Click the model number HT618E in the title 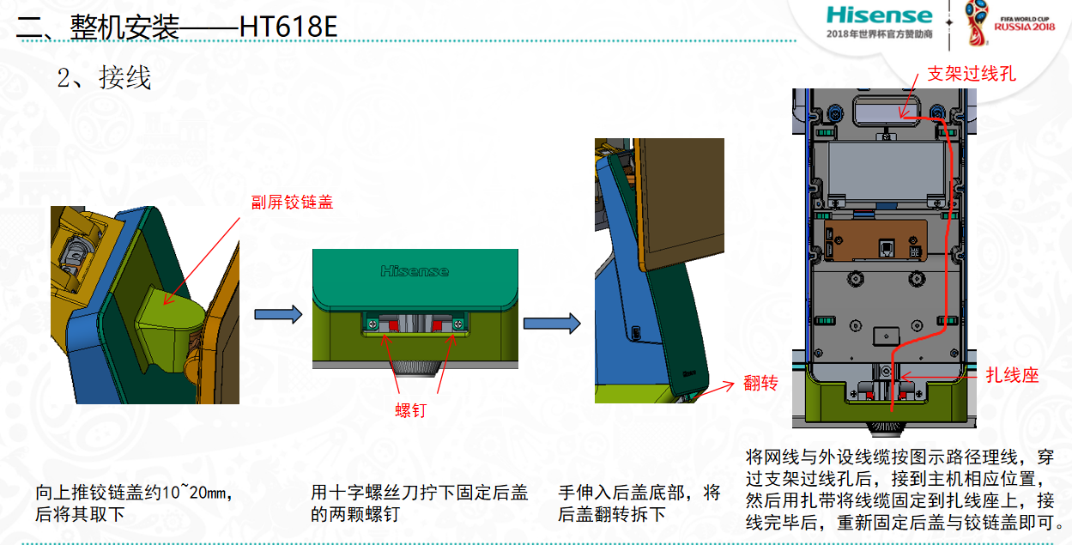pos(288,27)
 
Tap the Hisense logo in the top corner pos(879,15)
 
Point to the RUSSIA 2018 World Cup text pos(1025,27)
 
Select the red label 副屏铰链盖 pos(292,202)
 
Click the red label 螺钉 pos(410,410)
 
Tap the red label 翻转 pos(760,382)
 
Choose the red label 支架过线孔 pos(972,74)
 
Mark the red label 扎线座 pos(1012,375)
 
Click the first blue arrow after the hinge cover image pos(278,314)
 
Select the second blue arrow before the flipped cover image pos(552,324)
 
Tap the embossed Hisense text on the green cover pos(415,271)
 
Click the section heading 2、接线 pos(104,77)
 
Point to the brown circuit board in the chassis pos(875,239)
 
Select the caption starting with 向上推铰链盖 pos(135,503)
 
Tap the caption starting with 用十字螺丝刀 pos(419,503)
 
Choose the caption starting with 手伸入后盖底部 pos(639,503)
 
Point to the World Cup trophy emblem pos(976,23)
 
